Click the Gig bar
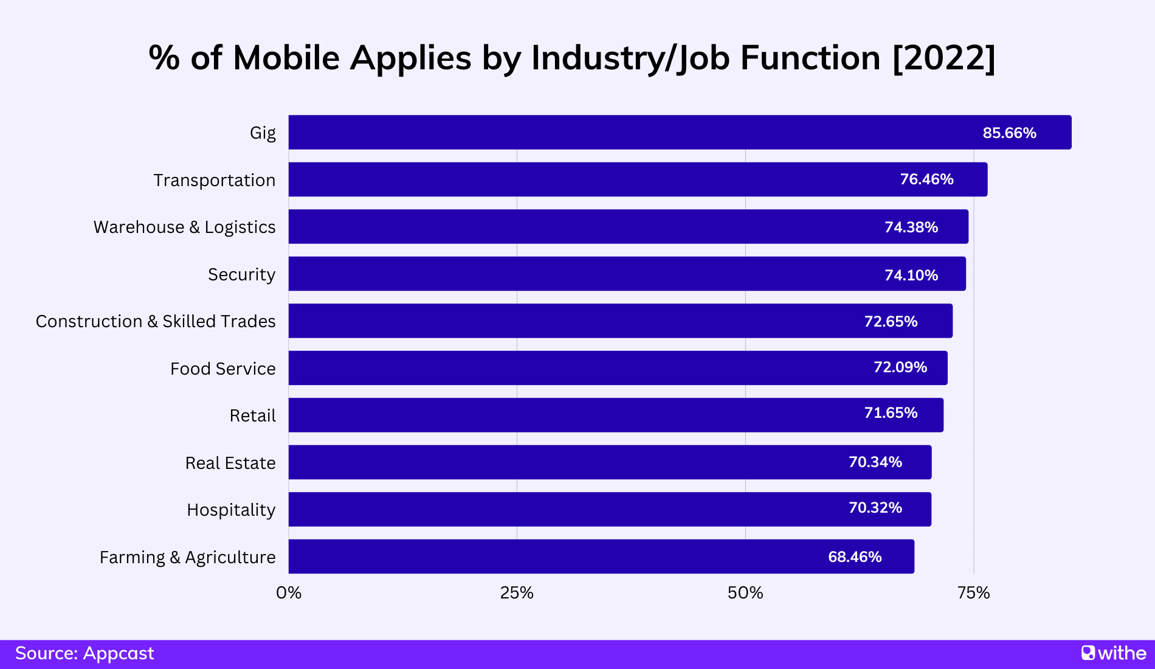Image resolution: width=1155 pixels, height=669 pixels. (680, 133)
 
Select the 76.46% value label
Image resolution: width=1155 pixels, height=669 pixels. (926, 179)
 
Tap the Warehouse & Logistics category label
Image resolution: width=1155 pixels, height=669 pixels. (184, 227)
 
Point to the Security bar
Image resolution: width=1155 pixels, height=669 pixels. (627, 274)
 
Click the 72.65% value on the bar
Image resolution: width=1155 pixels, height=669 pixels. (891, 321)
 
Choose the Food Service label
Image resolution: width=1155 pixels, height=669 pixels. (222, 369)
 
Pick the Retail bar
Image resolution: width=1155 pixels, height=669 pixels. (616, 415)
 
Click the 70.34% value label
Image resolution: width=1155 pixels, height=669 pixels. (875, 462)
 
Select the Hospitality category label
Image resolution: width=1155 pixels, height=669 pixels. (231, 510)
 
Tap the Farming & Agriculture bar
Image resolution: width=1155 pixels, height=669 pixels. (601, 556)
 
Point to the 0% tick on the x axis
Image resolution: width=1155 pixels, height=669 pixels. (289, 593)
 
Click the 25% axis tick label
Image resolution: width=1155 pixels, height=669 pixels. (517, 593)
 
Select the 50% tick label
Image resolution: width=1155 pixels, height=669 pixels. (745, 593)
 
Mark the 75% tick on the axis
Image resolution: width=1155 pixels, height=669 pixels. (973, 593)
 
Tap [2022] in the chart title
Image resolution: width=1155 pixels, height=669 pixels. (943, 58)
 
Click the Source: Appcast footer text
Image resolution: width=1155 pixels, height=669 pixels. (84, 653)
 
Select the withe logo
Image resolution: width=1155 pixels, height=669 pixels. (1114, 653)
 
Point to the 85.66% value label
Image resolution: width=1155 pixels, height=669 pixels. (1009, 133)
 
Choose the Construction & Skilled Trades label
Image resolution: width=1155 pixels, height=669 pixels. (156, 321)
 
